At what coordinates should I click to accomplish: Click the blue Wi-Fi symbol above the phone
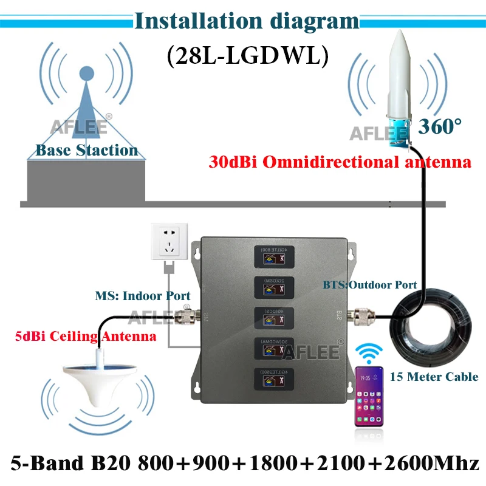point(369,354)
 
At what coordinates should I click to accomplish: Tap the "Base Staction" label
point(86,150)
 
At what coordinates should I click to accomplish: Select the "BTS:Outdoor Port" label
point(369,284)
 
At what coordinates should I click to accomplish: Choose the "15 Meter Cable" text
point(434,377)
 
